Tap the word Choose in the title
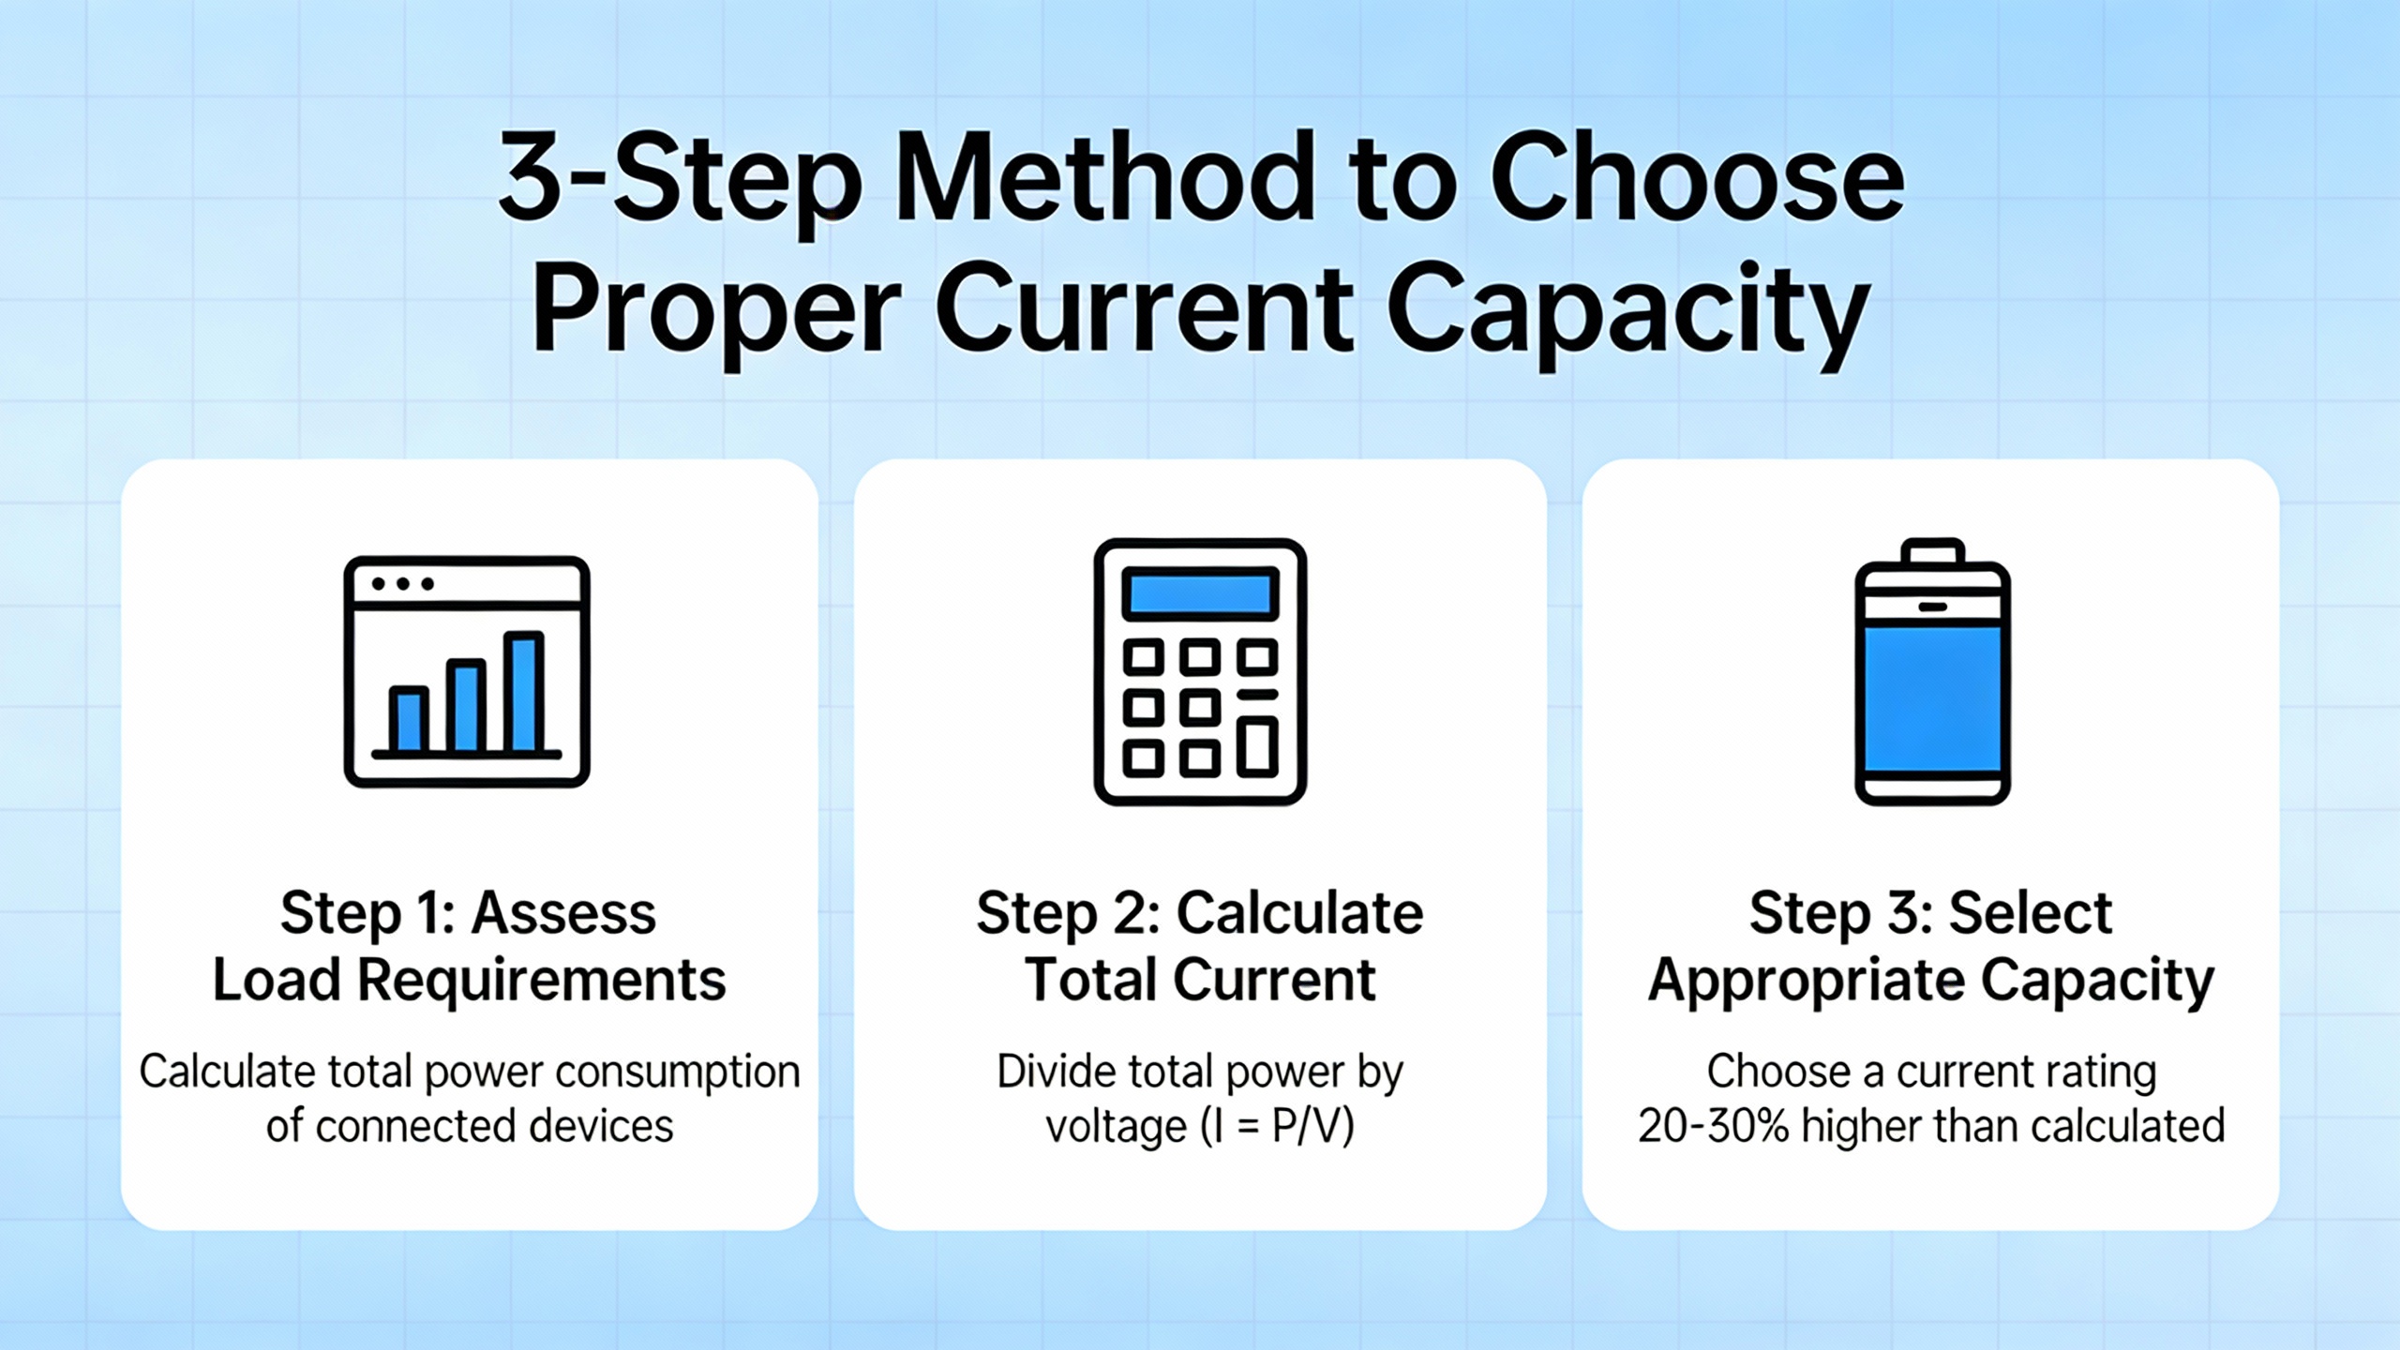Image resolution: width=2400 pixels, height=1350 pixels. [1698, 177]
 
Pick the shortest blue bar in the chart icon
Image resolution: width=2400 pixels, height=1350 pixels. [409, 719]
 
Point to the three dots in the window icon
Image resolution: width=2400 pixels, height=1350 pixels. [403, 584]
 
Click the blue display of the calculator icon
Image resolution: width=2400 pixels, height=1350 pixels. [1200, 593]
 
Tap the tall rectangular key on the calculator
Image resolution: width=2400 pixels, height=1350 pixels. [1257, 747]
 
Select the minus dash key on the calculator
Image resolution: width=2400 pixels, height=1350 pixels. [1257, 695]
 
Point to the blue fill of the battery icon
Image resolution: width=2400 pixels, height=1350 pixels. [1932, 698]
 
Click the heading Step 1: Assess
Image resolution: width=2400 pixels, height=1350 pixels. [469, 913]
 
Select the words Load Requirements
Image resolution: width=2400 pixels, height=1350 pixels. [469, 981]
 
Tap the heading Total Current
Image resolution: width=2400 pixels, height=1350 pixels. [1200, 980]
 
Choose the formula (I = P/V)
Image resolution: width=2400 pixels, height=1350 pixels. [1277, 1125]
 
